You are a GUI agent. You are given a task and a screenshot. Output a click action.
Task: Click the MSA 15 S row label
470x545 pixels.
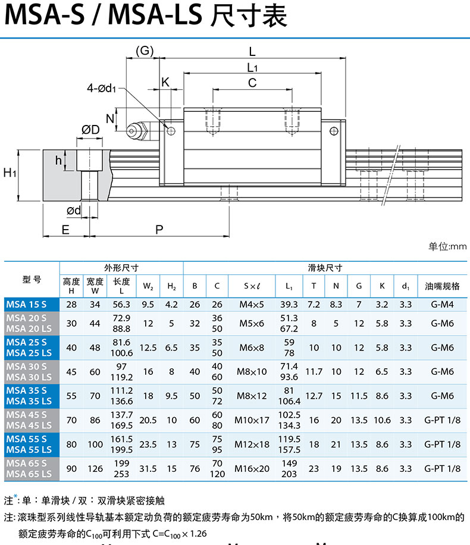(26, 305)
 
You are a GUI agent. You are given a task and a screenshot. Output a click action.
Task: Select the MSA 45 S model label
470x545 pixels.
(26, 415)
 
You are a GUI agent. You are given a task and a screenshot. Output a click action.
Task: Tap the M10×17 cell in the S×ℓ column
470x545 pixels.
(252, 420)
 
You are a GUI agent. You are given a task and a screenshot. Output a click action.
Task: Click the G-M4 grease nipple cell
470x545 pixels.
(442, 305)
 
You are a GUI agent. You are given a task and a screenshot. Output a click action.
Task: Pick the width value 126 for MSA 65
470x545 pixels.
(95, 468)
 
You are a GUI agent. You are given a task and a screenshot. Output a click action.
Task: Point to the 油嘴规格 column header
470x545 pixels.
(442, 286)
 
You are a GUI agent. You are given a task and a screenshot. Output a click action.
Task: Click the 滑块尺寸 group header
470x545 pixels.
(325, 268)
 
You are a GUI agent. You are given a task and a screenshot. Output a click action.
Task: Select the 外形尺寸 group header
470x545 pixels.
(121, 268)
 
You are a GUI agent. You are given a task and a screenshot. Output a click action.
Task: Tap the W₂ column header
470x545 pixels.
(148, 286)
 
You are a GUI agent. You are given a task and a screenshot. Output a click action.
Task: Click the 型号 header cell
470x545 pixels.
(32, 279)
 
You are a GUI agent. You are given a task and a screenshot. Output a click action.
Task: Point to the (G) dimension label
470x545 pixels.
(145, 51)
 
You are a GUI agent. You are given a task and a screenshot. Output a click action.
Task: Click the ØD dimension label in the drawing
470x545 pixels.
(90, 130)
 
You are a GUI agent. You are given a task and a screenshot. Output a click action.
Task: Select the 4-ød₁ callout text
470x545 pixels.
(102, 88)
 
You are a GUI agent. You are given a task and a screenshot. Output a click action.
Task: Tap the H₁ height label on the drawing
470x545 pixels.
(10, 173)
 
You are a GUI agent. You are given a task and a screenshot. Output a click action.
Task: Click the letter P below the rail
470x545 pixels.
(159, 230)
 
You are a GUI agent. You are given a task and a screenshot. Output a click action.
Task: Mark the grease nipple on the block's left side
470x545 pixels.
(137, 131)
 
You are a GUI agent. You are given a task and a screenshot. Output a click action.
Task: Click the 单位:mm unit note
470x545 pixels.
(447, 246)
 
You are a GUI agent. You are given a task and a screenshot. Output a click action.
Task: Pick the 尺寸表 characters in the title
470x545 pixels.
(249, 15)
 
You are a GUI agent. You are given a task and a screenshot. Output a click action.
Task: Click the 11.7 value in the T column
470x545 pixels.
(314, 372)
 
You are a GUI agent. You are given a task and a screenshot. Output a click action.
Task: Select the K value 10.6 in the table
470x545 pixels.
(382, 420)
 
